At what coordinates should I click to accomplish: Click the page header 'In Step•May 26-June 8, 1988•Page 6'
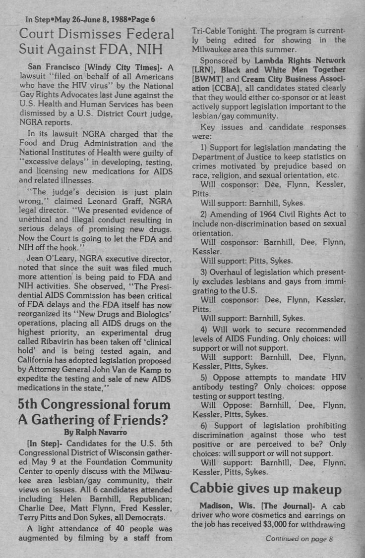(x=91, y=19)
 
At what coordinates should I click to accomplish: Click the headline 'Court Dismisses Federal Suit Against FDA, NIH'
(x=96, y=42)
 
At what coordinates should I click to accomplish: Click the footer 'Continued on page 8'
(x=299, y=539)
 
